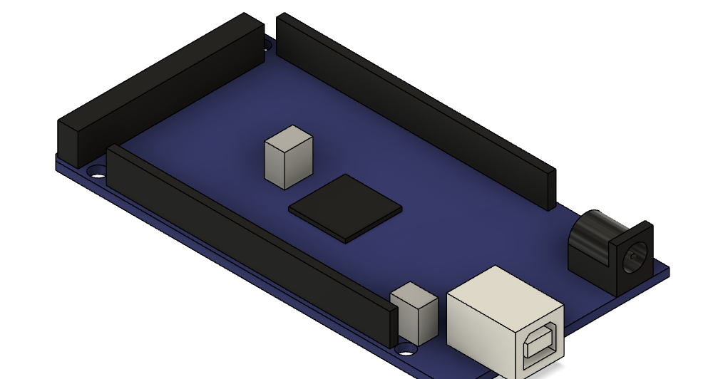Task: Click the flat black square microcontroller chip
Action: (344, 207)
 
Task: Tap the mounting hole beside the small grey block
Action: (406, 349)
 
